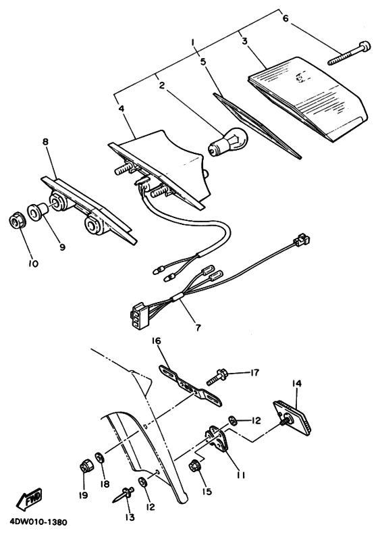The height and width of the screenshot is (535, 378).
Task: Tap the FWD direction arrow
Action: pyautogui.click(x=28, y=499)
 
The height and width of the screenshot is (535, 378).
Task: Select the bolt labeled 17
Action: pyautogui.click(x=217, y=379)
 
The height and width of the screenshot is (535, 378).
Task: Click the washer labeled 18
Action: pyautogui.click(x=99, y=457)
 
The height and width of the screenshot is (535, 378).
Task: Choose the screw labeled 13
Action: pyautogui.click(x=124, y=494)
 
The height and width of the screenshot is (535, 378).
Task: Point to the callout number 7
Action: pyautogui.click(x=198, y=328)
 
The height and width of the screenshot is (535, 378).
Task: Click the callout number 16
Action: pyautogui.click(x=157, y=341)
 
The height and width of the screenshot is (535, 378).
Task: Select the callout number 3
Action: pyautogui.click(x=245, y=41)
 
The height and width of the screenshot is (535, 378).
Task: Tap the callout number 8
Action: pyautogui.click(x=45, y=142)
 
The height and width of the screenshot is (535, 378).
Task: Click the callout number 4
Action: pyautogui.click(x=122, y=108)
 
